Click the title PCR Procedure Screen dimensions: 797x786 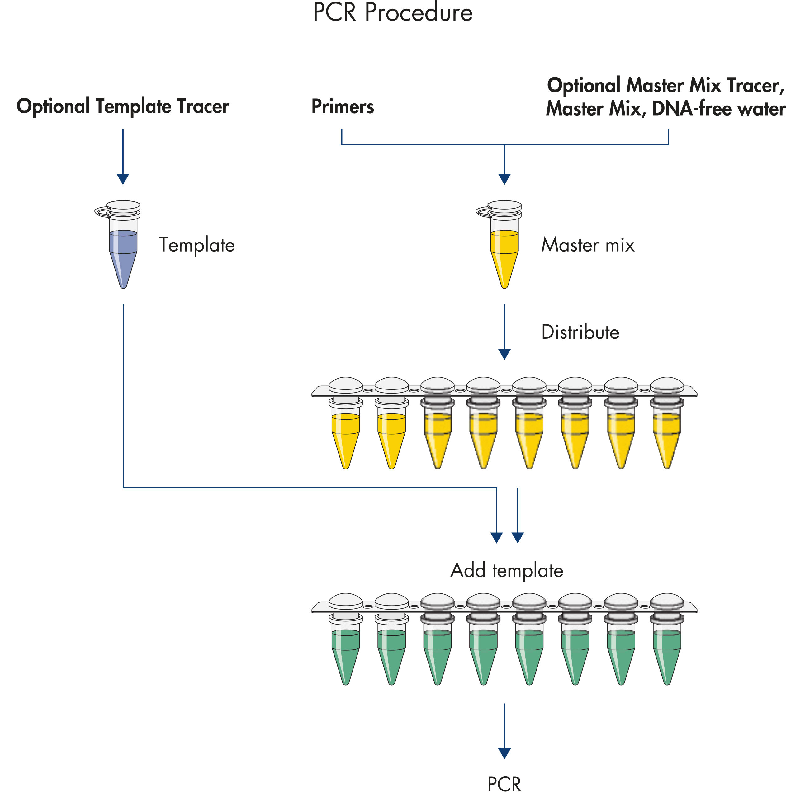coord(392,12)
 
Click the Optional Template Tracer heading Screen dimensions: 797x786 coord(123,106)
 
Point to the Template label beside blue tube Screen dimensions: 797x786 coord(197,245)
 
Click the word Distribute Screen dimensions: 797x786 coord(580,332)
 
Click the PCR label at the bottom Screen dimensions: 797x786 coord(504,784)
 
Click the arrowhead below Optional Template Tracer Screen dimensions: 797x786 coord(123,179)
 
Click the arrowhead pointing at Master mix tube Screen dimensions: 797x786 coord(504,179)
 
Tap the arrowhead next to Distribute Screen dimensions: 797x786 coord(504,354)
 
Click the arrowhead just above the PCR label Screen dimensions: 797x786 coord(504,753)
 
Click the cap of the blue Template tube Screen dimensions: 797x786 coord(123,206)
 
